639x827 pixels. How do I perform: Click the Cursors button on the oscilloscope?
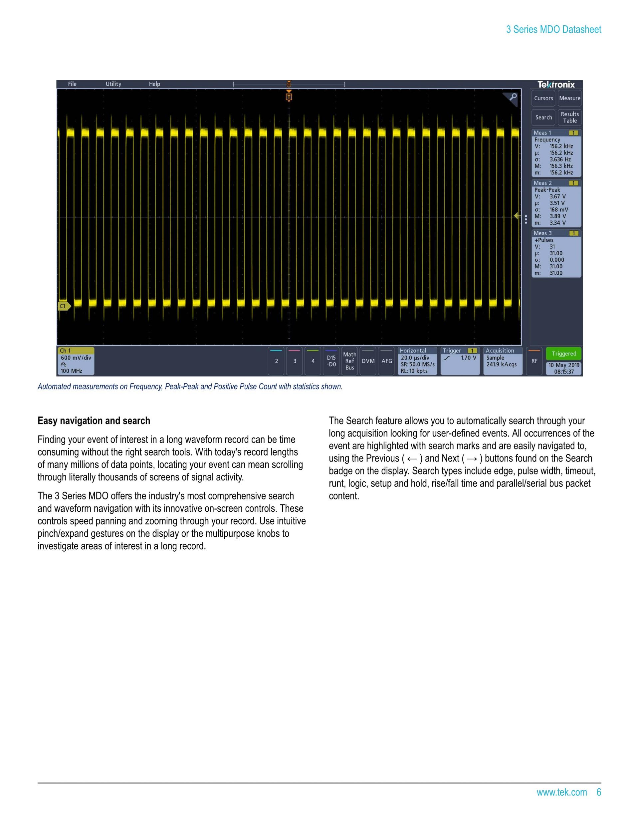543,98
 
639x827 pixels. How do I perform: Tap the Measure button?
569,98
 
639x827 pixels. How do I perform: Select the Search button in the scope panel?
543,118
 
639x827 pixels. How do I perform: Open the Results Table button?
569,118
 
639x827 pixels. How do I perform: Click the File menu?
72,84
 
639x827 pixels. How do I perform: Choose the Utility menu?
113,84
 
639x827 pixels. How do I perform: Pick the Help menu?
154,84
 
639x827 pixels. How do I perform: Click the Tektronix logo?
556,85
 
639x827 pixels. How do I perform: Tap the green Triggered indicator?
564,354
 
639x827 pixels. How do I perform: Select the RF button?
534,361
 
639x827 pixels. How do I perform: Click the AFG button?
386,361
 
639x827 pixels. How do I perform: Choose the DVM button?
368,361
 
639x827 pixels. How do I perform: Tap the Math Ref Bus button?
349,361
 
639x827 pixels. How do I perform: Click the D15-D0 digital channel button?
331,361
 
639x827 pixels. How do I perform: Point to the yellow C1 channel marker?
64,306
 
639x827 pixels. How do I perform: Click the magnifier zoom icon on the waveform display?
513,97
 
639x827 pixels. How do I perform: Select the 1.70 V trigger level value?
468,358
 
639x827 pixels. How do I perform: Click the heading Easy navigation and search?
94,421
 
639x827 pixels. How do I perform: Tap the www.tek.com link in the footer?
561,792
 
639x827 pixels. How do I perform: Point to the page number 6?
598,792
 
